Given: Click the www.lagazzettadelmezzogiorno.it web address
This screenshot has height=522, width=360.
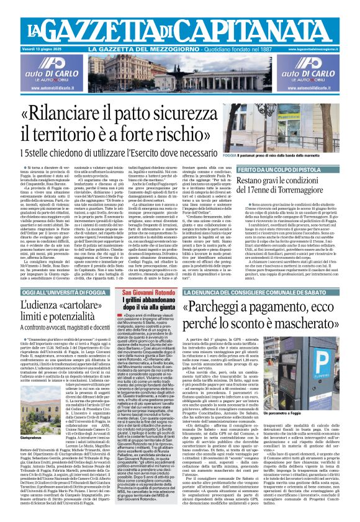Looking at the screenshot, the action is point(327,48).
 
